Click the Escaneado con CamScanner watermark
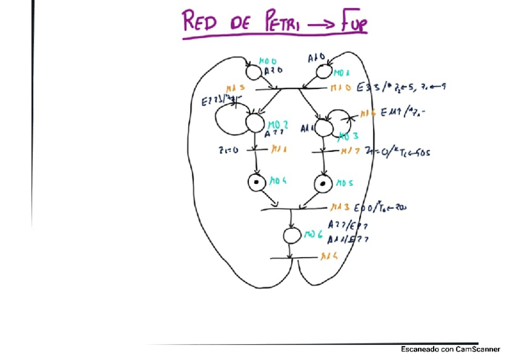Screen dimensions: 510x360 (x=450, y=349)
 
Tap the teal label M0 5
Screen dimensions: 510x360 (x=343, y=181)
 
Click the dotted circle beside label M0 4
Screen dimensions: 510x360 (x=256, y=182)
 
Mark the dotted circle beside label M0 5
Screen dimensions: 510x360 (x=323, y=182)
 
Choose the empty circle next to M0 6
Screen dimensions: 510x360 (x=292, y=236)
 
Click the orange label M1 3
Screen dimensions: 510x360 (x=339, y=207)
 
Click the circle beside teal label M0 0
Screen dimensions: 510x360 (x=254, y=72)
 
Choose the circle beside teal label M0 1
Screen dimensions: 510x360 (x=324, y=72)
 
